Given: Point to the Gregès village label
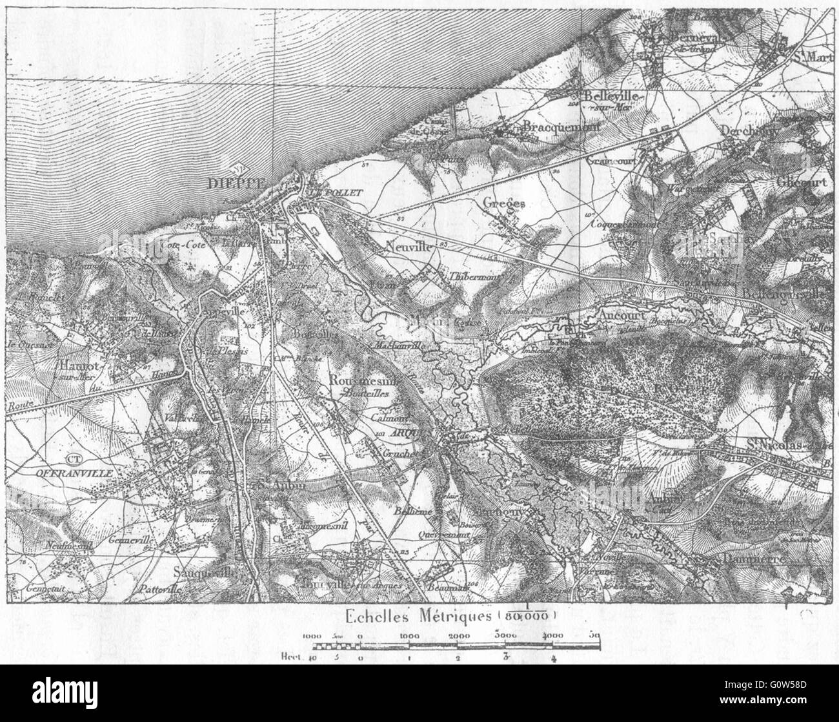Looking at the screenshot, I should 504,203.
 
